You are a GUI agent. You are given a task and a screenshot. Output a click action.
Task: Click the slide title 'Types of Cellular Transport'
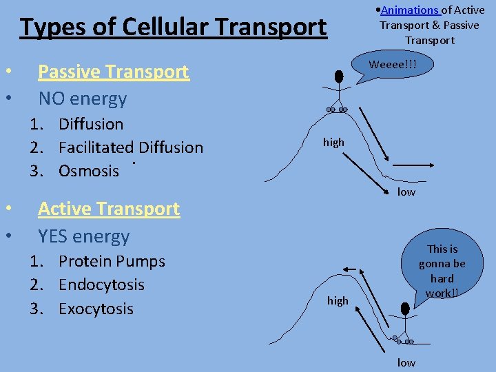click(173, 27)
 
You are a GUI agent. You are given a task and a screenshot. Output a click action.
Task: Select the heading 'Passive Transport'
click(113, 72)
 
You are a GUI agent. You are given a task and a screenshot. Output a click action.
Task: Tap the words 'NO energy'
click(83, 99)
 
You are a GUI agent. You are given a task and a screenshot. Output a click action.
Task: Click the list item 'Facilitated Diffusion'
click(131, 147)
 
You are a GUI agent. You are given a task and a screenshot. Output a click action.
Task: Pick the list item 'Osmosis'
click(89, 171)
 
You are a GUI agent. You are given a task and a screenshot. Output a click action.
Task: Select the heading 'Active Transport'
click(109, 209)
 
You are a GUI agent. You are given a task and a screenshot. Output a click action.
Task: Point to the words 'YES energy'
click(84, 236)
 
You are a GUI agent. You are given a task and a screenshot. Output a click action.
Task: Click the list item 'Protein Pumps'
click(112, 262)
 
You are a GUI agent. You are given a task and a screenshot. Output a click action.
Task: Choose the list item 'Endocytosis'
click(101, 285)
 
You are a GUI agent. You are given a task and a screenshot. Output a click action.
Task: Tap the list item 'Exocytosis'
click(96, 309)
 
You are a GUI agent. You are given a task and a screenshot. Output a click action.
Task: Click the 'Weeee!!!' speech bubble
click(392, 65)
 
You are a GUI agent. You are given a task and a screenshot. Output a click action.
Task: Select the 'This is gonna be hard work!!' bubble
click(442, 271)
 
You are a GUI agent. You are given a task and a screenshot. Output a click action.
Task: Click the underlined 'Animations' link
click(411, 10)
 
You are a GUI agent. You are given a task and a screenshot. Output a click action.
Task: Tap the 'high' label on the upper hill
click(333, 142)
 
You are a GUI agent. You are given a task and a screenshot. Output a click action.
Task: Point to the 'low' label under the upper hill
click(406, 192)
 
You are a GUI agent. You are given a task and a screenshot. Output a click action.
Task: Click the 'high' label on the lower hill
click(338, 300)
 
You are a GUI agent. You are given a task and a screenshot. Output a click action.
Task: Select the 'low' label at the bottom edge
click(406, 362)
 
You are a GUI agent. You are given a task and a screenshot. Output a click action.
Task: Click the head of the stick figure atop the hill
click(340, 76)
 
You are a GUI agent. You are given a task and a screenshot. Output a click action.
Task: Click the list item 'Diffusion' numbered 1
click(91, 124)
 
